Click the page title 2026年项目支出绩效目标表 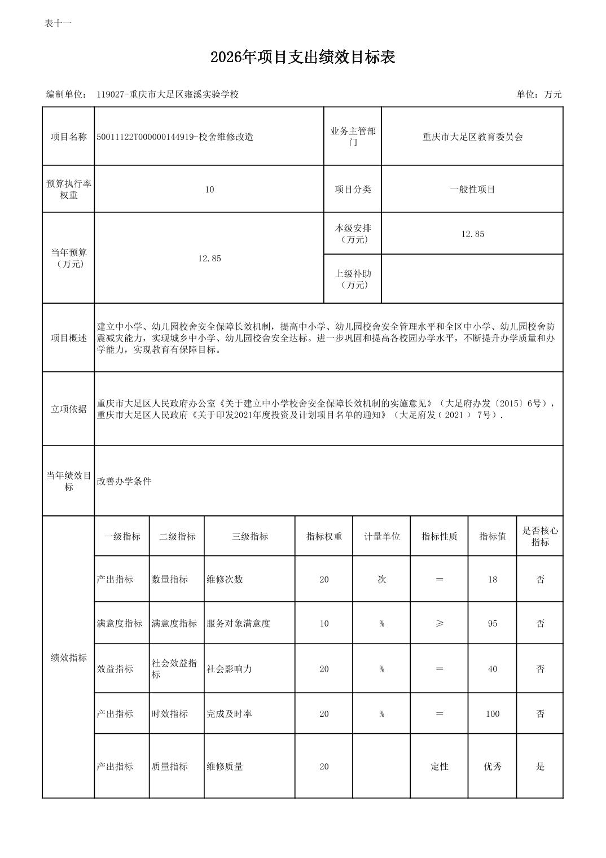[302, 57]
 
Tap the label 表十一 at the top [58, 23]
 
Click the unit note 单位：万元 [538, 94]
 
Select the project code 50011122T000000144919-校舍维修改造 [175, 137]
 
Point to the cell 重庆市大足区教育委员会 [472, 137]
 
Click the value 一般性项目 [472, 190]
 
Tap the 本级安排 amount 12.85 [472, 234]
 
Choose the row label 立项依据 [68, 409]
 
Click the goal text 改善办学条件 [124, 481]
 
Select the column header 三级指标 [249, 536]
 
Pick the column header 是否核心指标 [540, 536]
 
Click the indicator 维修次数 [225, 579]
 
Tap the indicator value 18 [492, 579]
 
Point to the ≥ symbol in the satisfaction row [439, 623]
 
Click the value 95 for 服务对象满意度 [492, 623]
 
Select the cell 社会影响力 [229, 669]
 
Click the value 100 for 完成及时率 [492, 714]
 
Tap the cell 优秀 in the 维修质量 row [492, 767]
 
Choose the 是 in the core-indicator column [540, 767]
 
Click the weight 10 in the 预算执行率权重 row [209, 190]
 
